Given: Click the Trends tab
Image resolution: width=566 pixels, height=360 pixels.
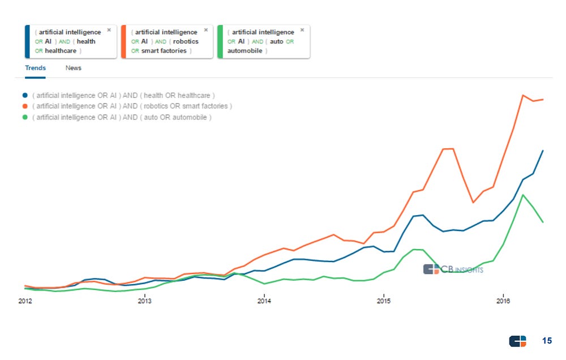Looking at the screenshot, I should [x=35, y=68].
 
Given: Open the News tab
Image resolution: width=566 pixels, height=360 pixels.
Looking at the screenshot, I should [x=73, y=68].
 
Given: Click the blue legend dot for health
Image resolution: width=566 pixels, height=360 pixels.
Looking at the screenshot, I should [x=24, y=96].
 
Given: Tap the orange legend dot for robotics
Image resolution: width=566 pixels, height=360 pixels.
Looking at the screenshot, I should [x=24, y=106].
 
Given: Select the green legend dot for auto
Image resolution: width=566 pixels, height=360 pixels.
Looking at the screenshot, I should [x=24, y=117].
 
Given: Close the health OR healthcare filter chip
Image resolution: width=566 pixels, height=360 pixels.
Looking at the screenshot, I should [x=109, y=30].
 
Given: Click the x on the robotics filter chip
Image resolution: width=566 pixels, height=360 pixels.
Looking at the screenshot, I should [x=205, y=30].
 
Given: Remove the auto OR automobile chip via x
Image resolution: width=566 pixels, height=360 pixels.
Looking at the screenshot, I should [x=302, y=30].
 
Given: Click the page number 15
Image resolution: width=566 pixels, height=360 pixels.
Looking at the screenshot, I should [x=547, y=341].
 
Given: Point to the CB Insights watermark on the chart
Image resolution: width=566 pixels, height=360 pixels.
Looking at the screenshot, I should [x=453, y=269].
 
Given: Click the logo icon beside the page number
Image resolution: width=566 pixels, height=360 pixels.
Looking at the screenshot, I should [x=517, y=341].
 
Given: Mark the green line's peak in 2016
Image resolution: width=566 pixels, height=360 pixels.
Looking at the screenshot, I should [x=524, y=195].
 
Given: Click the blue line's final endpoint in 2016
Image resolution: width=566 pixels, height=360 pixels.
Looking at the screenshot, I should [x=543, y=151].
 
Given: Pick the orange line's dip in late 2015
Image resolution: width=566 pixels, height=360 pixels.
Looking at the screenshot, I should [x=473, y=202].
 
